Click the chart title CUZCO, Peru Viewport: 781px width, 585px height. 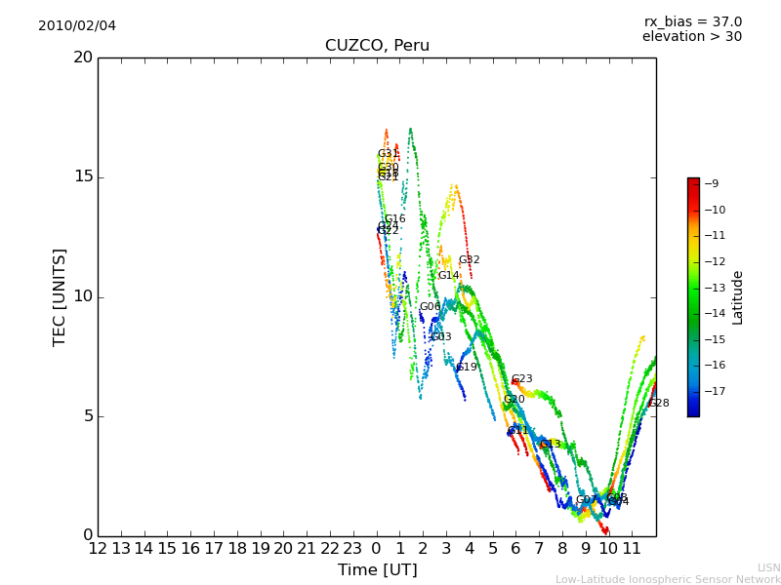click(x=377, y=46)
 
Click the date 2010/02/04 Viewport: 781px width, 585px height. click(x=77, y=25)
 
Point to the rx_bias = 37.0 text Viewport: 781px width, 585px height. click(x=692, y=21)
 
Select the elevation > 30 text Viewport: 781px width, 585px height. click(x=691, y=37)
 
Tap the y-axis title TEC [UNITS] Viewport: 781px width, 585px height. click(x=60, y=296)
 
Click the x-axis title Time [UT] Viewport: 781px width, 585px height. click(x=377, y=569)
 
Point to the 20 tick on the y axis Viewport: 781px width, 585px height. click(x=83, y=58)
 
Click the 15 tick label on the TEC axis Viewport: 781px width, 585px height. click(x=83, y=176)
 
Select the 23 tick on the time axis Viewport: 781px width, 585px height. click(x=352, y=549)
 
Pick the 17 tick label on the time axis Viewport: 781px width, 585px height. click(x=214, y=549)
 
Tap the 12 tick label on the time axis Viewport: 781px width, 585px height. click(x=98, y=549)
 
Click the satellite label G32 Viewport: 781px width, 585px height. click(x=470, y=260)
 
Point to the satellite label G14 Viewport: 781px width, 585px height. click(x=448, y=276)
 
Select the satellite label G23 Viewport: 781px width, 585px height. click(x=522, y=379)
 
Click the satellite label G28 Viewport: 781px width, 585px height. click(x=659, y=404)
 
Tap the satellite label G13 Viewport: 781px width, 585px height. click(x=551, y=445)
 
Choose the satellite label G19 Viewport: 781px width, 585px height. click(x=467, y=368)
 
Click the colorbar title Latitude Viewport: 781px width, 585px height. click(x=737, y=297)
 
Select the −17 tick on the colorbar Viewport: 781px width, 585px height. click(x=713, y=391)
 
